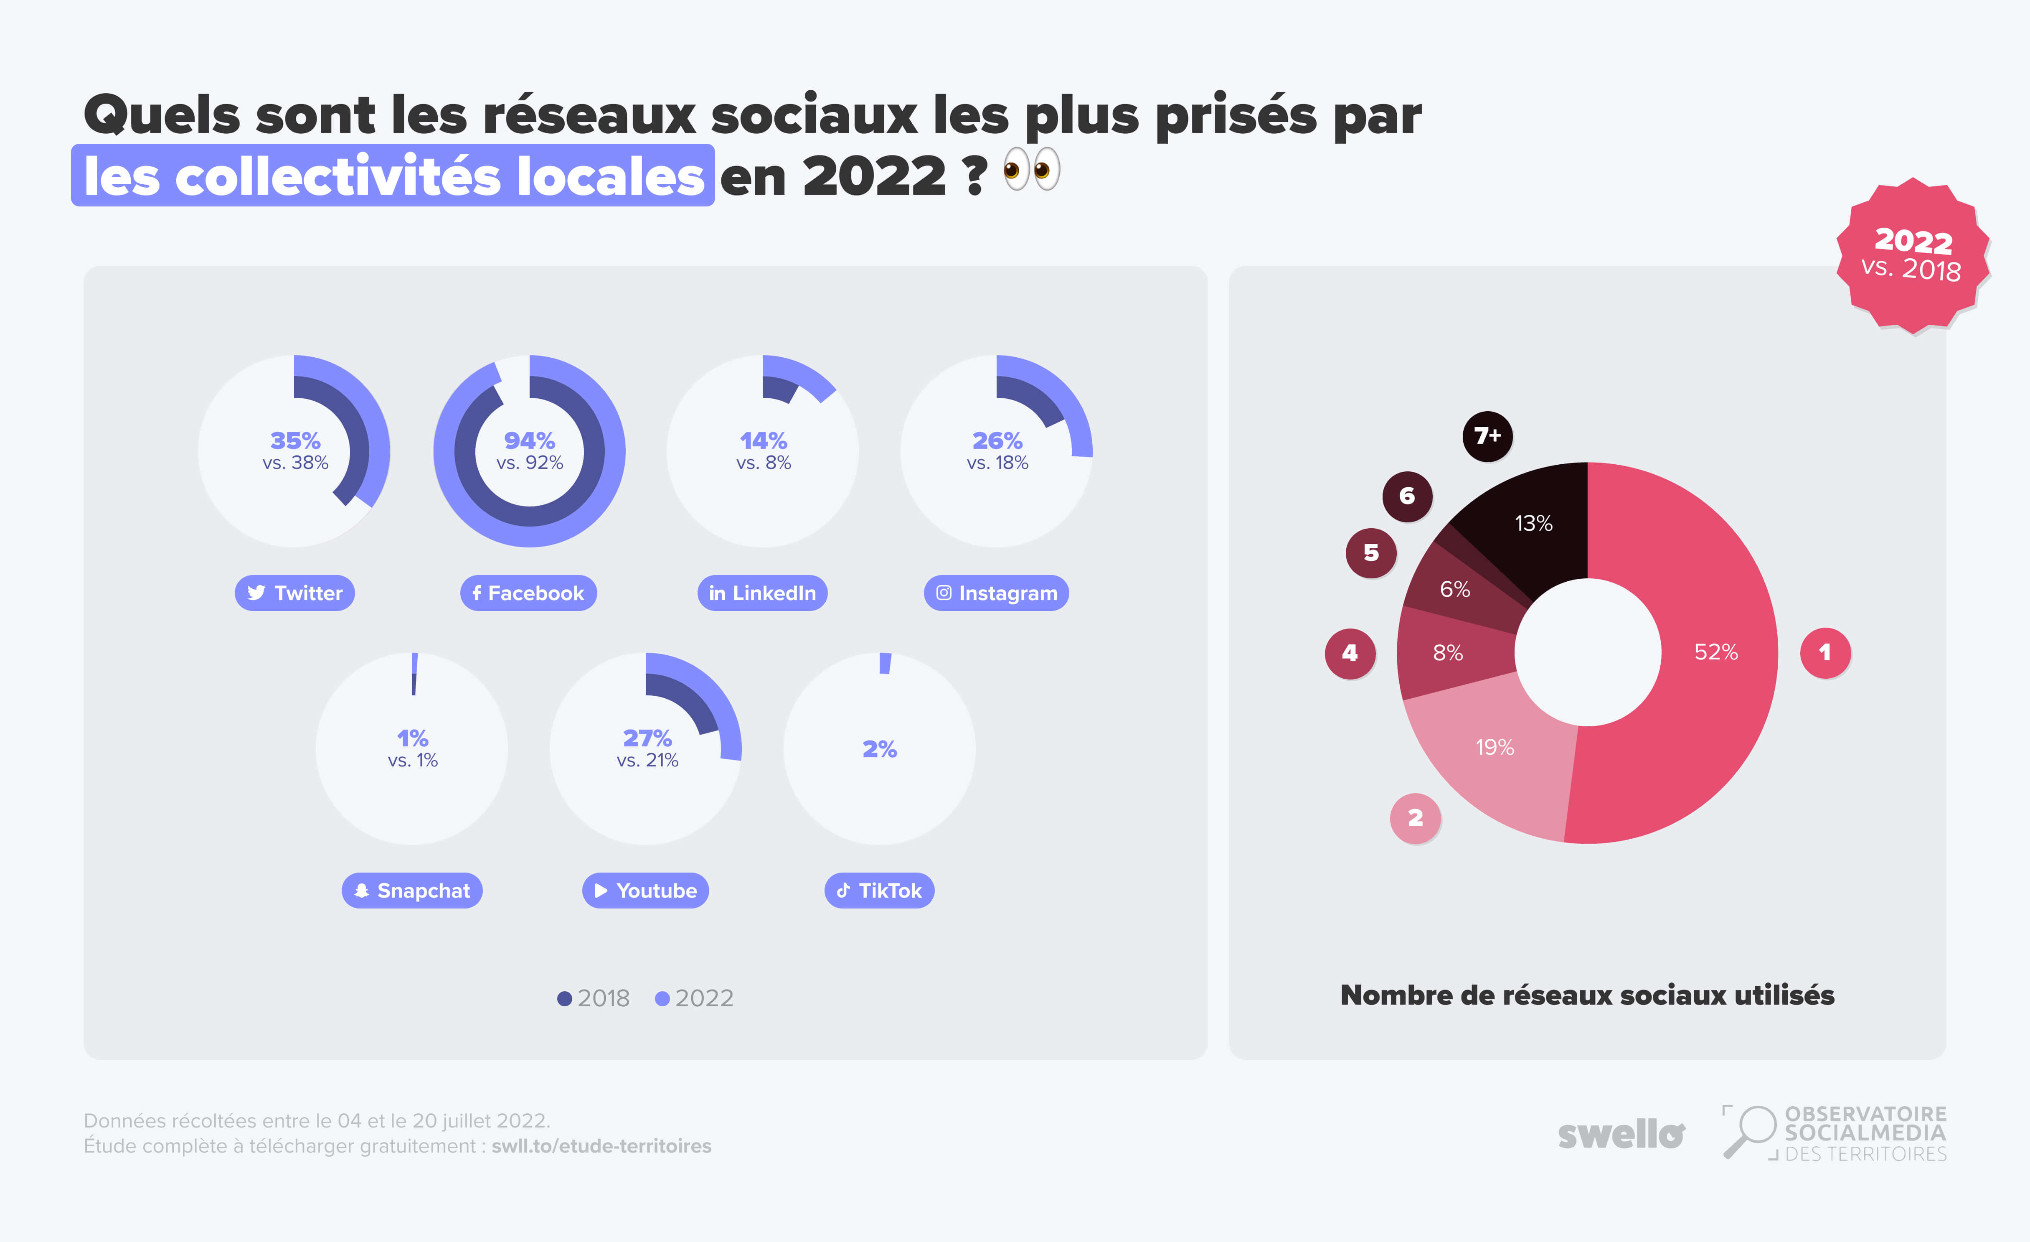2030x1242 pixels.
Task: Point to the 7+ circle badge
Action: tap(1487, 436)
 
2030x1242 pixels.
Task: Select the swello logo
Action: tap(1621, 1135)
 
